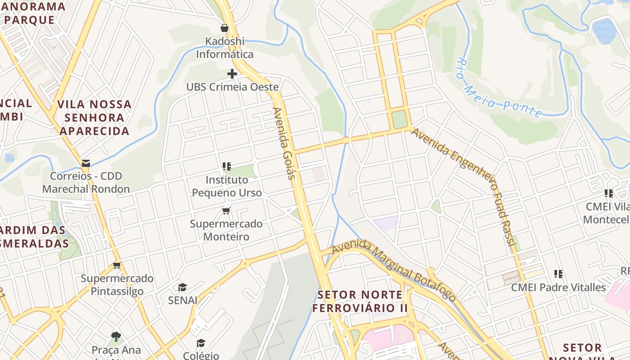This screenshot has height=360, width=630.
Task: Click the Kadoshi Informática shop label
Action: pos(225,48)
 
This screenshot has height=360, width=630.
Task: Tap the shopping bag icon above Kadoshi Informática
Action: pos(225,28)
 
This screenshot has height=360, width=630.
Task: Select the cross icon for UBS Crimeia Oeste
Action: pos(232,74)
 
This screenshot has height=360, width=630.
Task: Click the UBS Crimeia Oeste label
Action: pos(233,87)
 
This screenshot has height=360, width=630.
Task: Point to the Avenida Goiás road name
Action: pos(284,143)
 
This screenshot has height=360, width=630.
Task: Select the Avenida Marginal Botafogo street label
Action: pos(393,270)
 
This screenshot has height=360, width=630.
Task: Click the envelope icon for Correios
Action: pos(85,163)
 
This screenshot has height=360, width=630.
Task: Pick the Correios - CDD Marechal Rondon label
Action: pos(86,183)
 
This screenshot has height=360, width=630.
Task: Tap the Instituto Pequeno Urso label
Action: pos(227,186)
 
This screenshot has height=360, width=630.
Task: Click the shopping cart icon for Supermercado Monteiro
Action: pos(226,211)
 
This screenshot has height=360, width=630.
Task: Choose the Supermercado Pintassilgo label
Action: pos(117,285)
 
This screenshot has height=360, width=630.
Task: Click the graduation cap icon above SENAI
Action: pos(182,287)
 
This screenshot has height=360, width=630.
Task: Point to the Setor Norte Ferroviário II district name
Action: pos(360,301)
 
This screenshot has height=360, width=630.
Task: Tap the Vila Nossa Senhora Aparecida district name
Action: pos(94,118)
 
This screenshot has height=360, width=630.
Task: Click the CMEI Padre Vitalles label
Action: pos(558,287)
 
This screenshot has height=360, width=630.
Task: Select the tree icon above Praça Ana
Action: pos(116,337)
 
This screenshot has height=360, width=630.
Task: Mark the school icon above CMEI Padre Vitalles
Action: pos(558,274)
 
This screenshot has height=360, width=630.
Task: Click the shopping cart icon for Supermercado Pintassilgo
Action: pos(117,265)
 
